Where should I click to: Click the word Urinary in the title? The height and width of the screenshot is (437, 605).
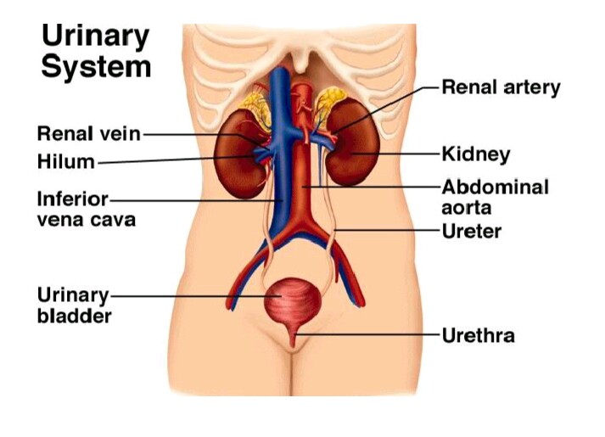(95, 36)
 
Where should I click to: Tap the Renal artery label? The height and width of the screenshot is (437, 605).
(501, 87)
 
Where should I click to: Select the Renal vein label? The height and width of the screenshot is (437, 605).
(88, 134)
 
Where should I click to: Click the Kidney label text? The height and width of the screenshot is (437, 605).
(475, 154)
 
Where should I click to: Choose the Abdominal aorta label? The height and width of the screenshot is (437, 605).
(495, 197)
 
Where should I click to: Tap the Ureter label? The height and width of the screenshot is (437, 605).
(472, 230)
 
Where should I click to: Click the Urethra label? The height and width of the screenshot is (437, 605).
(478, 335)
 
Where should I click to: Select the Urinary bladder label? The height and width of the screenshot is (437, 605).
(74, 305)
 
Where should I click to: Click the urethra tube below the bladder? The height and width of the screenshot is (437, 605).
(294, 338)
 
